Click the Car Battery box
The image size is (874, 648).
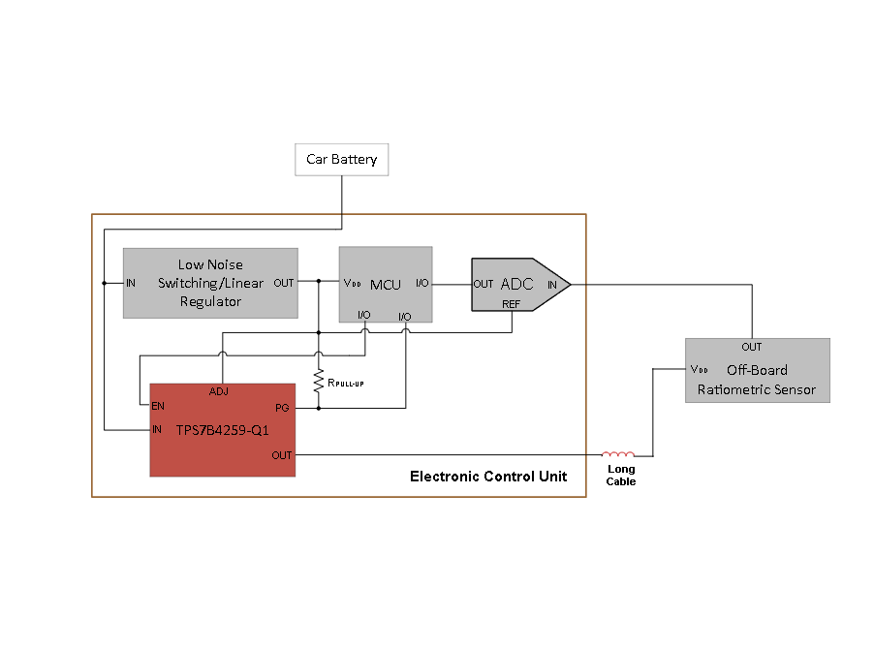point(341,160)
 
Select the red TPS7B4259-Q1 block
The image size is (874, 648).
point(222,429)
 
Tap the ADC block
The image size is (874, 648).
point(515,284)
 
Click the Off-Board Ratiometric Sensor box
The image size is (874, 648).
point(757,371)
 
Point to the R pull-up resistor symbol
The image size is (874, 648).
point(318,382)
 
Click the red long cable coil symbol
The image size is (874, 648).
point(618,453)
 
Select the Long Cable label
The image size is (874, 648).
point(621,475)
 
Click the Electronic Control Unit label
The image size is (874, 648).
point(488,477)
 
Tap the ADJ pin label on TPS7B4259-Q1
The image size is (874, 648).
point(219,392)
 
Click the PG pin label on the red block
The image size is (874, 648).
point(282,408)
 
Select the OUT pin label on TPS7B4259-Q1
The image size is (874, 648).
point(281,455)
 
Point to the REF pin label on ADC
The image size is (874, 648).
point(512,304)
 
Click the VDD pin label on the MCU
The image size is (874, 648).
point(353,284)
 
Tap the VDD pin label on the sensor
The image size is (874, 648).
point(700,370)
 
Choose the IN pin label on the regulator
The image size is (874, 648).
point(131,284)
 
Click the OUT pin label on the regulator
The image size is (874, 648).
point(284,284)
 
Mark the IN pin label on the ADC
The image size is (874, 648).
point(552,285)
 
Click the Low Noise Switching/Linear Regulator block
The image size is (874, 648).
point(210,283)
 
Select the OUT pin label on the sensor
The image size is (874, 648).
point(751,347)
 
